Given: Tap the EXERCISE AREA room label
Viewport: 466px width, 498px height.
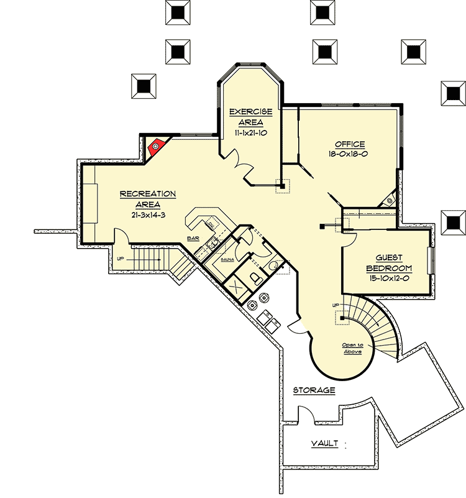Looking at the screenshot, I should click(250, 117).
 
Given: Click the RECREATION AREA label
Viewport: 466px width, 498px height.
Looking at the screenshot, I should click(148, 199).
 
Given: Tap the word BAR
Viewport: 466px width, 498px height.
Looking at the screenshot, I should click(193, 238).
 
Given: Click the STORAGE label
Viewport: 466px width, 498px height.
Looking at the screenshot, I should click(314, 390).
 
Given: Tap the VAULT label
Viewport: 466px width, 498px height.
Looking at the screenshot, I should click(324, 443).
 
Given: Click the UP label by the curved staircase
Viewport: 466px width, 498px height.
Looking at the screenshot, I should click(337, 305).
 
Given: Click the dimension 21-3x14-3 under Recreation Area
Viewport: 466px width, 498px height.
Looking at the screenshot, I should click(147, 215).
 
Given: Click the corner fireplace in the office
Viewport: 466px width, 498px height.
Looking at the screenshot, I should click(389, 200).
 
